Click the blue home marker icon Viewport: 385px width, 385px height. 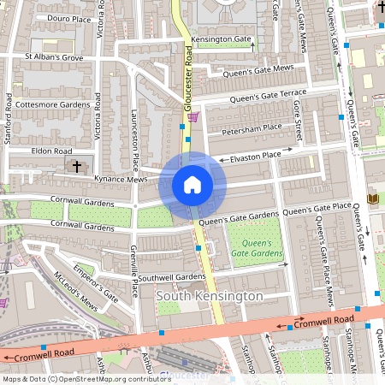(192, 184)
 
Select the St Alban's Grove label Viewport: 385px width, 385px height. (53, 57)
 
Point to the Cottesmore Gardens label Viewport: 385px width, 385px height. (52, 104)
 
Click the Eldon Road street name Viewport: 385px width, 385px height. (50, 151)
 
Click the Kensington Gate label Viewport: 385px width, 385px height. (221, 40)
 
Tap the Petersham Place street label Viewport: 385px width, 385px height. (252, 128)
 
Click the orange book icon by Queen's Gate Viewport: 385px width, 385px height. (372, 198)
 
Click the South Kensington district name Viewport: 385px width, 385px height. (210, 295)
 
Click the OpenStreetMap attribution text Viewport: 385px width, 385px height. (75, 379)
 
